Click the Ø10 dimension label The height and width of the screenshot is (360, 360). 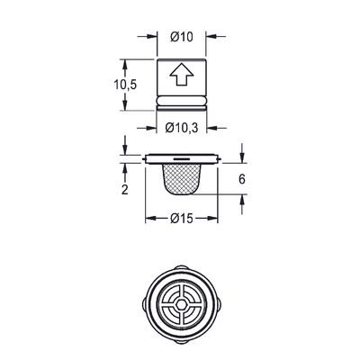pyautogui.click(x=182, y=37)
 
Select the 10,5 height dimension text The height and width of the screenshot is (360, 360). pyautogui.click(x=125, y=85)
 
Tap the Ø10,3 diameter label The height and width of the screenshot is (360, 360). pyautogui.click(x=182, y=129)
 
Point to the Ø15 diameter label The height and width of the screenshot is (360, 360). pyautogui.click(x=182, y=219)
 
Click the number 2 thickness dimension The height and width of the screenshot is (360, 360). pyautogui.click(x=125, y=190)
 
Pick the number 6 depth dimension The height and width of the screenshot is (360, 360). pyautogui.click(x=242, y=179)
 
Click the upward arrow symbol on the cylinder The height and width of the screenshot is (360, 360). pyautogui.click(x=181, y=75)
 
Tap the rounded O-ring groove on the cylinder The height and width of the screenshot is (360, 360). pyautogui.click(x=181, y=101)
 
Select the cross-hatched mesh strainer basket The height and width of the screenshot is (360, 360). pyautogui.click(x=181, y=179)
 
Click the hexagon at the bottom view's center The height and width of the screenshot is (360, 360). pyautogui.click(x=181, y=304)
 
